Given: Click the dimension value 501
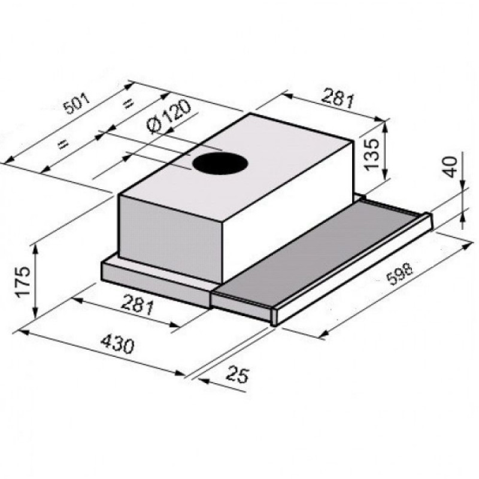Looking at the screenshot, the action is (77, 104).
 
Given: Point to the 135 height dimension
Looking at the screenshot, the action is (372, 154).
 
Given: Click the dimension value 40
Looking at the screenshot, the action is (450, 167).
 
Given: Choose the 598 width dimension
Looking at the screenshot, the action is (399, 274).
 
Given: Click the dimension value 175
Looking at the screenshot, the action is (23, 281).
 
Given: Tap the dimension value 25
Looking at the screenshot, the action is (238, 374).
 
